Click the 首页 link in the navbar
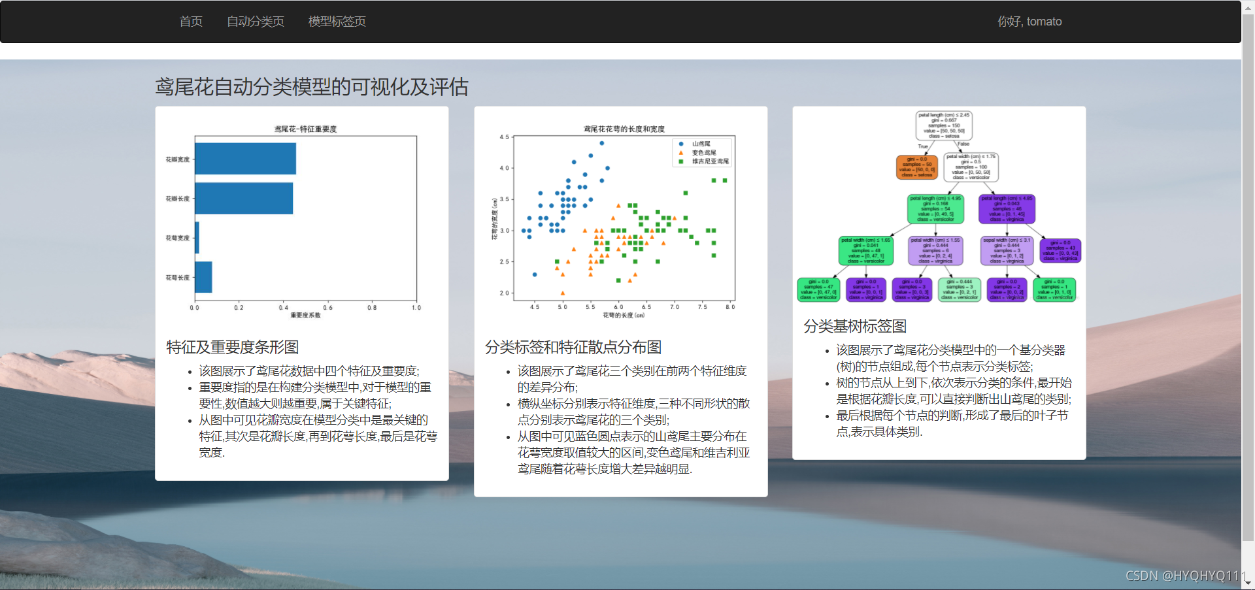191,22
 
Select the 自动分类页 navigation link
255,22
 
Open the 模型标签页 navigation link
337,22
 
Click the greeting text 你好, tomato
1029,22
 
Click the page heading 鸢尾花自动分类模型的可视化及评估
311,87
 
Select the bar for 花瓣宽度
245,159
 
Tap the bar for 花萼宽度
197,238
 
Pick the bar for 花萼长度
203,277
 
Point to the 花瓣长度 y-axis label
177,199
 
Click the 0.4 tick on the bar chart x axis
283,307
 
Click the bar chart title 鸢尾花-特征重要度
305,129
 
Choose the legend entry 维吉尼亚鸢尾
710,161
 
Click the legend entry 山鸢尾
701,144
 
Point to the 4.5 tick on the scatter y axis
504,137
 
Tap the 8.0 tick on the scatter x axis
729,307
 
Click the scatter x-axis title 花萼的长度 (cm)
624,316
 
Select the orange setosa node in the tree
916,167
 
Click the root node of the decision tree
944,125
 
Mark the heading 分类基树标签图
854,326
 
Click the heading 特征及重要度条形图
232,347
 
